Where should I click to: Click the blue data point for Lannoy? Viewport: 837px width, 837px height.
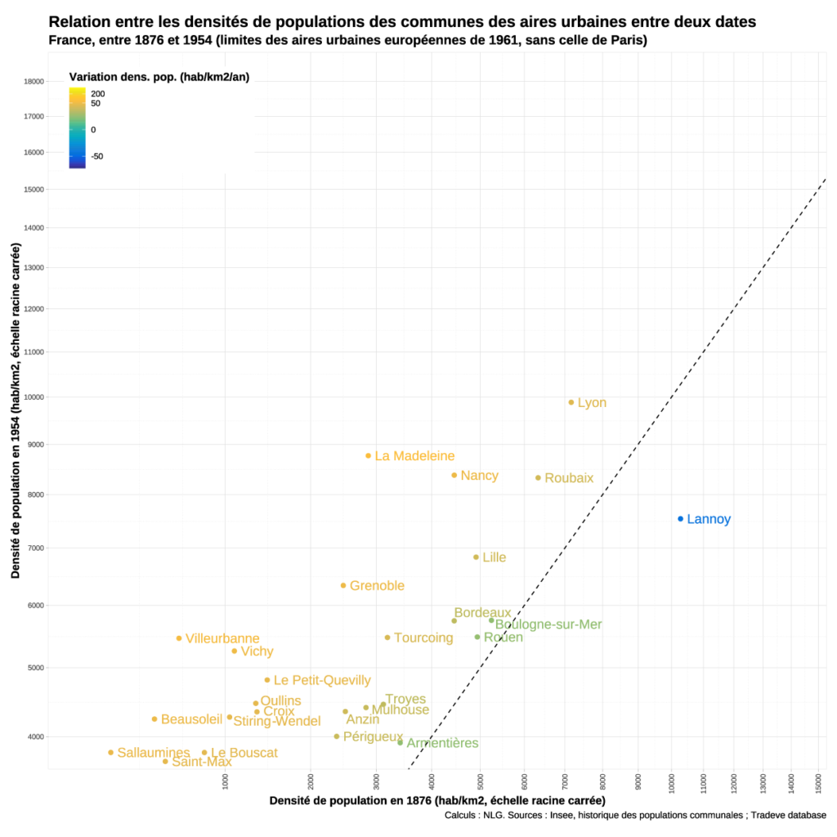[680, 519]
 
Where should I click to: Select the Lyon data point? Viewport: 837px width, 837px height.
[571, 402]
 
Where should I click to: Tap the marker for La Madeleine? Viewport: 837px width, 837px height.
[369, 455]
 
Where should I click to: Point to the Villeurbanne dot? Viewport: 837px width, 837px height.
[179, 638]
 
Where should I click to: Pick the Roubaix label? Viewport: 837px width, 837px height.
[569, 478]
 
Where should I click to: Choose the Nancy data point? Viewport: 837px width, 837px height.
[454, 475]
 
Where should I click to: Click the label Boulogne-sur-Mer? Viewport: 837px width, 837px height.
[548, 624]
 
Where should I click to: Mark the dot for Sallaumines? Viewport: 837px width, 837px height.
[110, 752]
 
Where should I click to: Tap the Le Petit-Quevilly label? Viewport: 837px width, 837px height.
[322, 680]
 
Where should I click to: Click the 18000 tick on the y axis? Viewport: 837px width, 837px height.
[34, 81]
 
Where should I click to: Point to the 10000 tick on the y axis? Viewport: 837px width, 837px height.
[34, 397]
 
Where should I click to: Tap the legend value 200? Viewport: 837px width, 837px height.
[98, 94]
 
